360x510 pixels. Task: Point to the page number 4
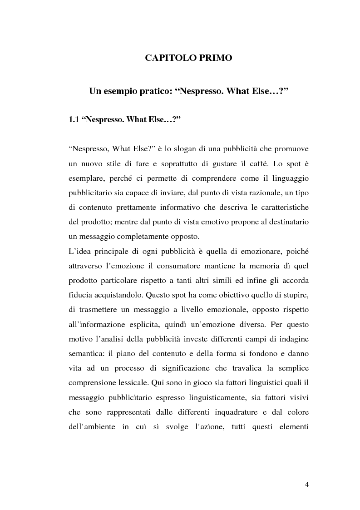307,485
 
